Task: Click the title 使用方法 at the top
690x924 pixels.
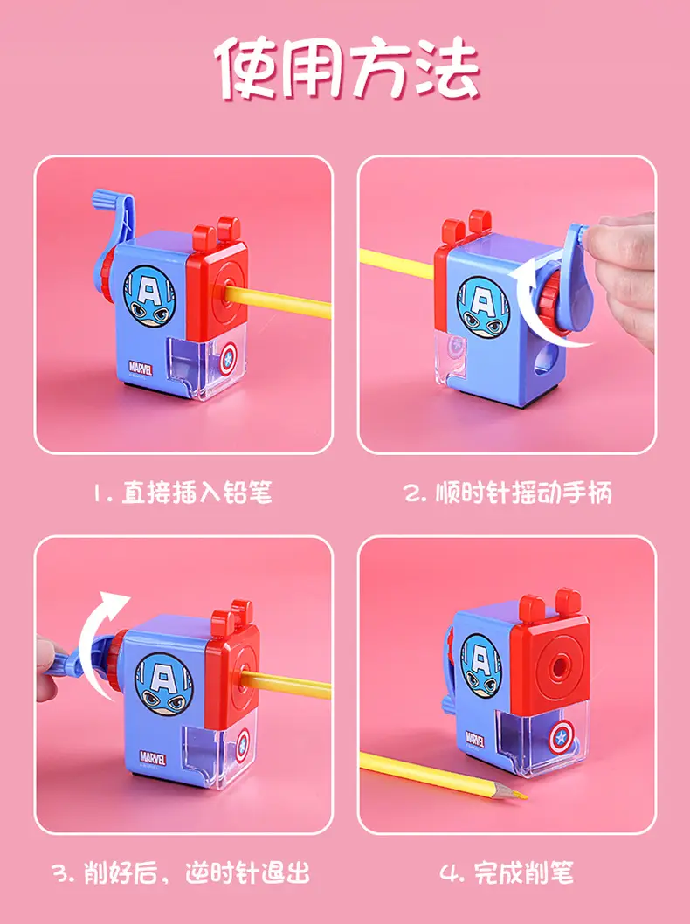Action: [348, 68]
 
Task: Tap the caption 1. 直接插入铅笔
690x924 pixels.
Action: [183, 493]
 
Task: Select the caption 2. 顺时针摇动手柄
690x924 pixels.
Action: [508, 493]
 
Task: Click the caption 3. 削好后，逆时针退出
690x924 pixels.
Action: [182, 872]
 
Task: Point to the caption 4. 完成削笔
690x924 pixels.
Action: [507, 872]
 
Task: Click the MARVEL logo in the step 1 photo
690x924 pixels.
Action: [141, 369]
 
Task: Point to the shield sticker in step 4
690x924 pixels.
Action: [560, 739]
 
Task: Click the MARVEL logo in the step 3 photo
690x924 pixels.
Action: [153, 757]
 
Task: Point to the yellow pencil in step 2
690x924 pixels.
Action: [397, 264]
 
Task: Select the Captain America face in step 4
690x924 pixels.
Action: [481, 665]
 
